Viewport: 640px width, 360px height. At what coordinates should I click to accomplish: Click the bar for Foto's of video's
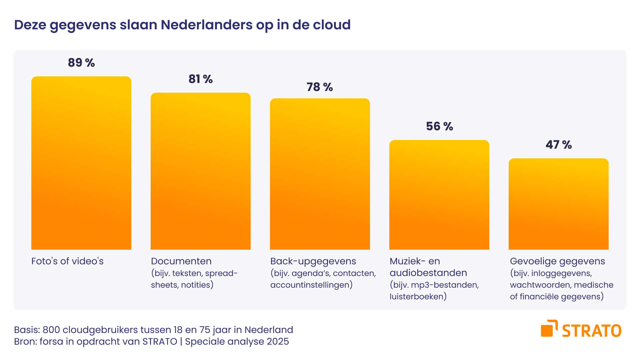81,163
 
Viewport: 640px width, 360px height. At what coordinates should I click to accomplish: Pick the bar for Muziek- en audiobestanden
439,195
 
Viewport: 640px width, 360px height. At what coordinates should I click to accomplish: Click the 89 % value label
81,63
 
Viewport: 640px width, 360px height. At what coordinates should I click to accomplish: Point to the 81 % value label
200,79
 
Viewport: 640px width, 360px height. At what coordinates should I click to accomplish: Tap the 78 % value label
320,87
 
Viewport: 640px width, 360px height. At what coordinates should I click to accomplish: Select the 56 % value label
439,126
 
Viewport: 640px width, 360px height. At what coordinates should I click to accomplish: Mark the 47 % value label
558,145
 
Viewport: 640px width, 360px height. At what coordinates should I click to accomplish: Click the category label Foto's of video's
67,261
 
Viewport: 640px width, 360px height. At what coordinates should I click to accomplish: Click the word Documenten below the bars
181,261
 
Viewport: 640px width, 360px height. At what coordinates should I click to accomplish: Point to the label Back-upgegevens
313,261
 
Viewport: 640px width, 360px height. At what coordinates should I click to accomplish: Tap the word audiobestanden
428,273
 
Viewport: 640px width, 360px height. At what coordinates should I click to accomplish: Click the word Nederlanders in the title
207,25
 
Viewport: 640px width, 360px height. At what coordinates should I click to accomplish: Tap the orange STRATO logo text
591,331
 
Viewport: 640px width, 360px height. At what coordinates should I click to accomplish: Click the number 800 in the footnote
51,330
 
